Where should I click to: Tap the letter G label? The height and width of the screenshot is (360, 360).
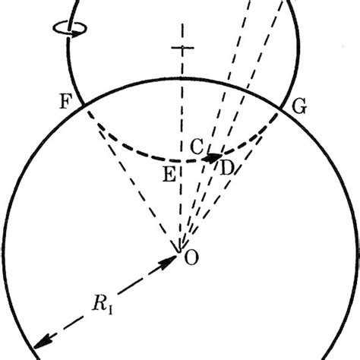click(x=299, y=107)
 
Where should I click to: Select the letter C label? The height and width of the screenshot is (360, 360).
click(x=196, y=148)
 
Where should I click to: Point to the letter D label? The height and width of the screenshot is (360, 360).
click(x=226, y=167)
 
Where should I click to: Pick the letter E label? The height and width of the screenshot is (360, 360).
click(x=169, y=173)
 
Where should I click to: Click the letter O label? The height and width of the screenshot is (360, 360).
click(x=192, y=258)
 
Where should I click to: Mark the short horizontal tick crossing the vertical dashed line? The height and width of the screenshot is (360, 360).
click(x=181, y=49)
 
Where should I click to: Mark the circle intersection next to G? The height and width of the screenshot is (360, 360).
click(x=280, y=108)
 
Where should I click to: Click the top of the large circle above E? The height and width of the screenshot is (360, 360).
click(x=181, y=75)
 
